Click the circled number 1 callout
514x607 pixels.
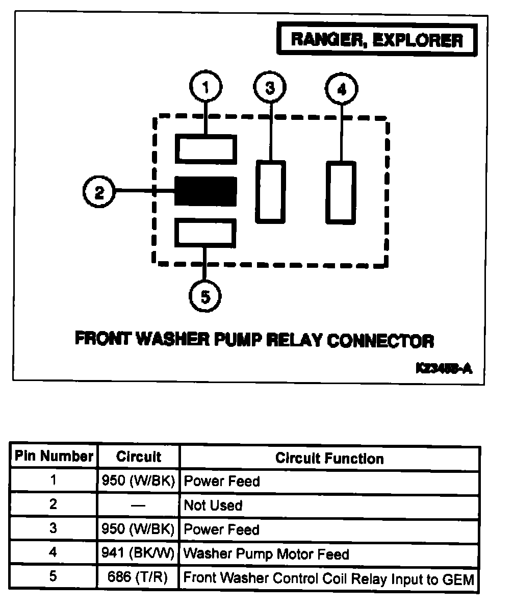(x=205, y=87)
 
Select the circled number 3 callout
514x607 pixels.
(x=270, y=88)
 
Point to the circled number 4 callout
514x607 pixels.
(x=342, y=90)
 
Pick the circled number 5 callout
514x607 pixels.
(x=205, y=296)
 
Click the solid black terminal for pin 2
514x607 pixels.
(x=205, y=191)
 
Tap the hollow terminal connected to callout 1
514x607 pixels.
(x=205, y=149)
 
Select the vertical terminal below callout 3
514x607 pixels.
(x=270, y=191)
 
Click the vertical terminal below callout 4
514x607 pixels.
(x=341, y=192)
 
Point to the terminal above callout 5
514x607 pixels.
(x=205, y=233)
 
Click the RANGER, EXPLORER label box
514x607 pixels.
(x=377, y=40)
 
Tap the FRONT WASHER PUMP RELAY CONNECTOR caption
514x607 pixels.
(x=254, y=339)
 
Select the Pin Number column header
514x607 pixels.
(x=54, y=457)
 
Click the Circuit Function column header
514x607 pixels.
(x=329, y=458)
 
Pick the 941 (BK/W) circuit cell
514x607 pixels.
(x=139, y=553)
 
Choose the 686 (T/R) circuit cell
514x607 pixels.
(x=139, y=578)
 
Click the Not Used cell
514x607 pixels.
(x=213, y=505)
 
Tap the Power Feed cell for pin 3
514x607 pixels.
(x=221, y=529)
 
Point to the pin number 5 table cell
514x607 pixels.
(x=54, y=578)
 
